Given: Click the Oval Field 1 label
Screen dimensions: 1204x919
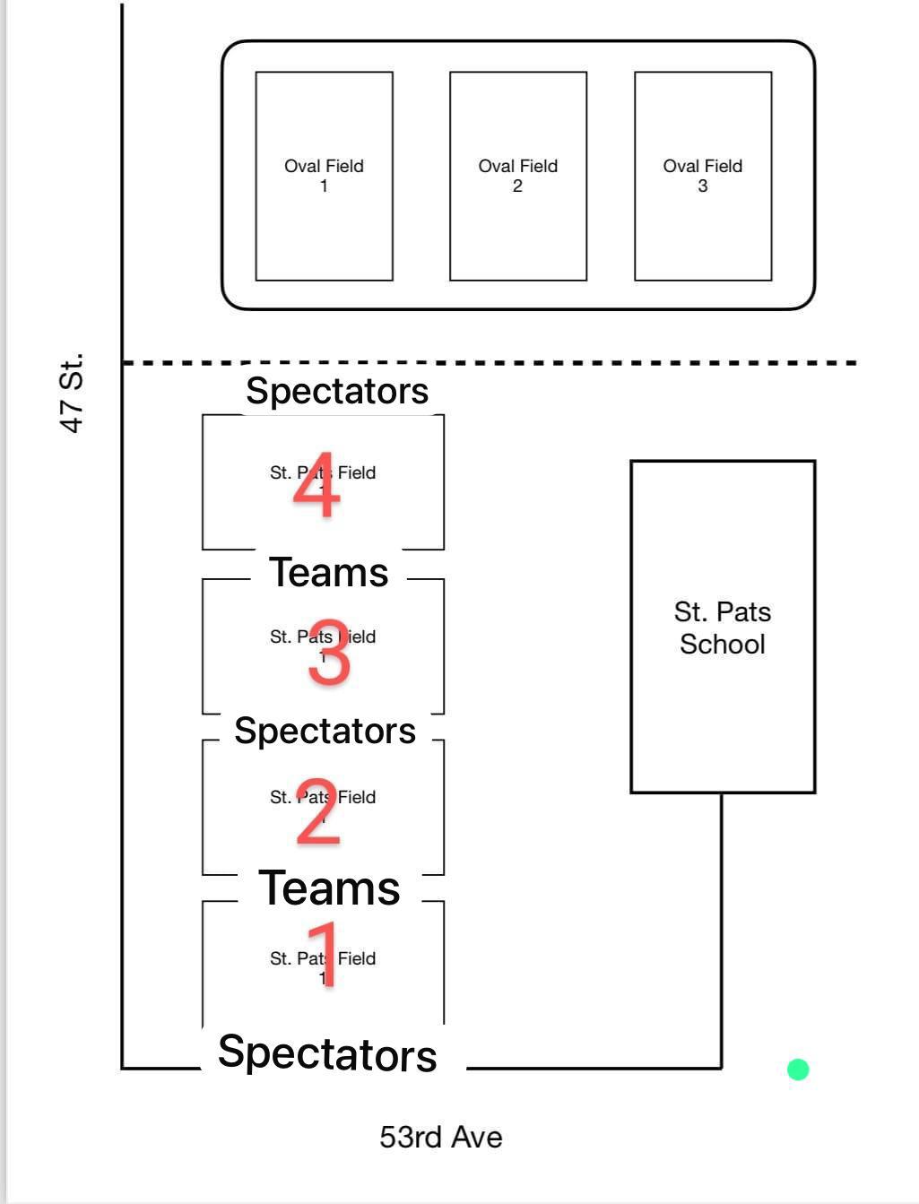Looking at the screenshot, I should [324, 175].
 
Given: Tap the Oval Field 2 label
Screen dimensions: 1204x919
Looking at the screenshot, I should [517, 175].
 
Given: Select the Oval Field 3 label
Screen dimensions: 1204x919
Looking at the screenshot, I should [702, 175].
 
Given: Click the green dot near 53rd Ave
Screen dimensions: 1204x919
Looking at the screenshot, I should [798, 1070].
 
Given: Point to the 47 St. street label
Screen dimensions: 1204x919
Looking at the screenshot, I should [72, 392].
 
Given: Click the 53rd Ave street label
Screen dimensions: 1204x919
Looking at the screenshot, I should [440, 1137].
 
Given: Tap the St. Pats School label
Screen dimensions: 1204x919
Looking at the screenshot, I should [722, 628].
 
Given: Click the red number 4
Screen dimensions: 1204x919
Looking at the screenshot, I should [316, 486].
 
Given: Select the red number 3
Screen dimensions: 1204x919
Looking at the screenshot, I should [329, 653].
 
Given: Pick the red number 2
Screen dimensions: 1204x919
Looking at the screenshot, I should [318, 812].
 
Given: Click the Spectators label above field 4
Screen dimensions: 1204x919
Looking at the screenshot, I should [337, 391].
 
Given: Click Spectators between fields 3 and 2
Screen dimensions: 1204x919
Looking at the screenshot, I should [325, 731].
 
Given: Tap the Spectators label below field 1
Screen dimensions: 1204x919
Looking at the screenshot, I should [327, 1053].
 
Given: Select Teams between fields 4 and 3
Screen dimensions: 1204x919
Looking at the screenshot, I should [329, 572].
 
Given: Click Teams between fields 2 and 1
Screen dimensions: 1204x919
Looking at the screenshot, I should [329, 888].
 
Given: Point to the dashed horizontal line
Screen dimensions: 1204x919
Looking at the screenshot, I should [538, 363].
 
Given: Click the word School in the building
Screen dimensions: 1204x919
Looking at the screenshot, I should [722, 644].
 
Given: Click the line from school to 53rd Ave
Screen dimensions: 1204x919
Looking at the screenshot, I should [722, 932].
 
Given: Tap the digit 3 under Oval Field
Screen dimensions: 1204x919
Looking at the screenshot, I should [702, 186].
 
